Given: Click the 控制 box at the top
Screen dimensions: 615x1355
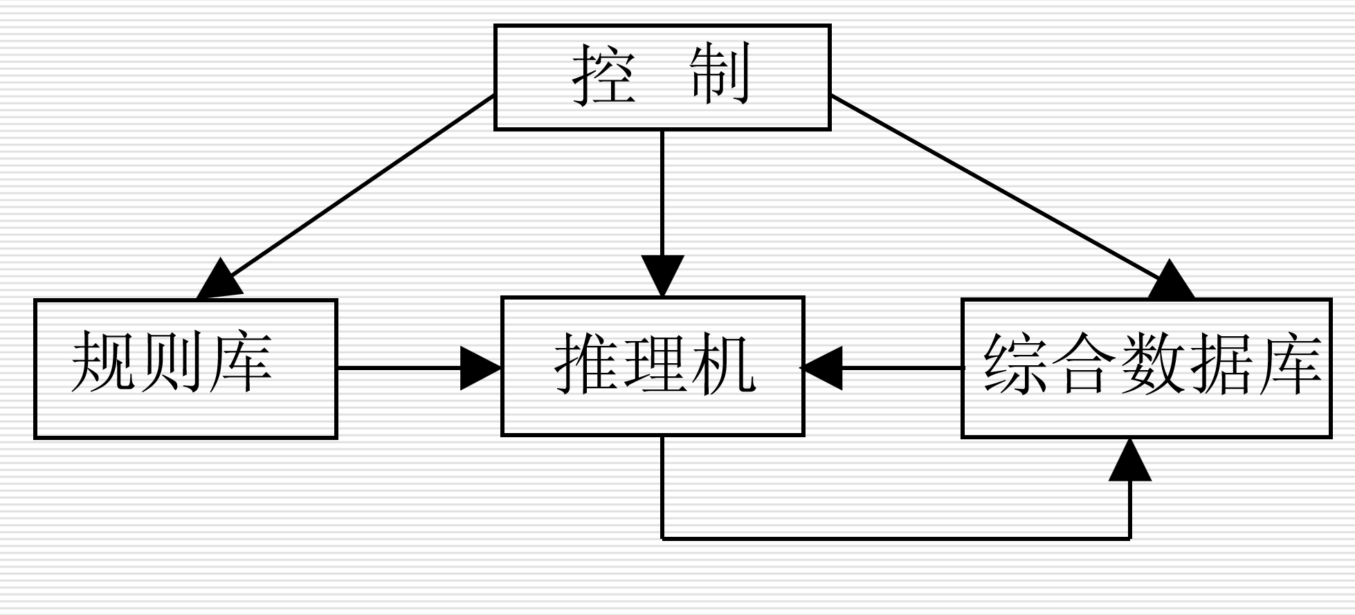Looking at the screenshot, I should coord(662,77).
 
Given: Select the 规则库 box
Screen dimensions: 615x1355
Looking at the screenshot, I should coord(185,369).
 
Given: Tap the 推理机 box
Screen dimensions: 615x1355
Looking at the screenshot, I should coord(653,366).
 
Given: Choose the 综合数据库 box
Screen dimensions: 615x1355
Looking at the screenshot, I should coord(1147,368).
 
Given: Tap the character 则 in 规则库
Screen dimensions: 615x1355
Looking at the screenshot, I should coord(172,361).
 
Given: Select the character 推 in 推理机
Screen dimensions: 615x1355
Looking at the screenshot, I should coord(586,363).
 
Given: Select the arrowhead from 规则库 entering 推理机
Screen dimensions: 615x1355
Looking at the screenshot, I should coord(479,368).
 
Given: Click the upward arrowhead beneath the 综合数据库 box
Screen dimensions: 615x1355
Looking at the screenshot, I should coord(1130,462).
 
